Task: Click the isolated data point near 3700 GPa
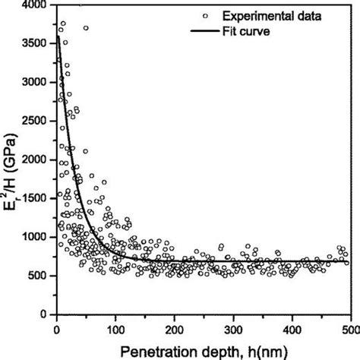(86, 28)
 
